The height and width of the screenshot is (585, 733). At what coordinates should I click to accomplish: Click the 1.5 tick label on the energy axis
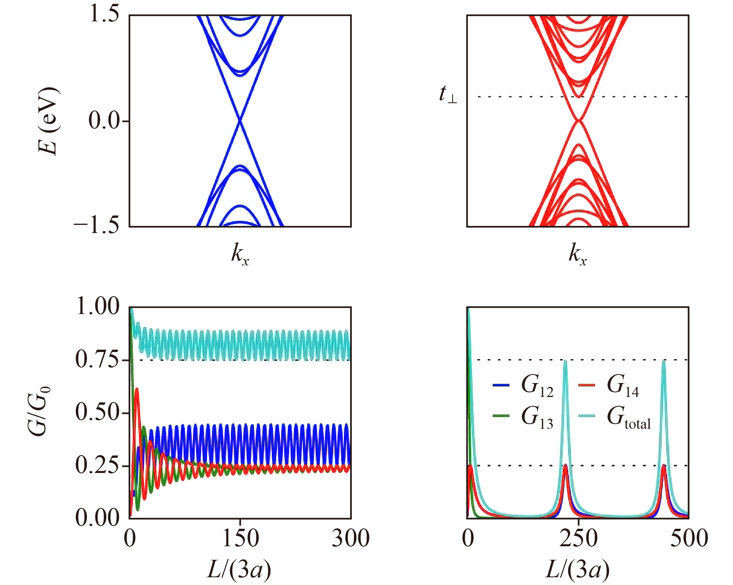click(104, 15)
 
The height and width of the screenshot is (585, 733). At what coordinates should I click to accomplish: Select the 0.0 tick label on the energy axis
click(104, 121)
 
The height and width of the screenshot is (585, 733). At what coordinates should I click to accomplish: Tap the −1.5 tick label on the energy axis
click(97, 225)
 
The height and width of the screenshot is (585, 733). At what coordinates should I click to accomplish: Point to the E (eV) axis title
click(49, 121)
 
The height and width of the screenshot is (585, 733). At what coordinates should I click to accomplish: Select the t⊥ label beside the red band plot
click(448, 95)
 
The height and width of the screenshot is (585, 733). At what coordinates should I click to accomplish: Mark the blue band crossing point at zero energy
click(240, 121)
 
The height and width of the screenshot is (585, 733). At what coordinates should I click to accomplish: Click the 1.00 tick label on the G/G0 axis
click(98, 306)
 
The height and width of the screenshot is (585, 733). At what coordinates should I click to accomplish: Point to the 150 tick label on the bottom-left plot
click(240, 538)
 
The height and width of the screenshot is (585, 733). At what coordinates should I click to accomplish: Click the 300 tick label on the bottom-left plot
click(350, 538)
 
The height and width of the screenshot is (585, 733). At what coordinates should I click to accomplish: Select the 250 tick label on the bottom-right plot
click(578, 538)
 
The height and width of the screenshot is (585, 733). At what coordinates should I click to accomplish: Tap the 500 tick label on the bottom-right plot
click(689, 538)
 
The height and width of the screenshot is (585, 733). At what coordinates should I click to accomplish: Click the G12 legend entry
click(523, 386)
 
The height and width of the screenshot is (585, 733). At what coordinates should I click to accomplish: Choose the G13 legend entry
click(523, 417)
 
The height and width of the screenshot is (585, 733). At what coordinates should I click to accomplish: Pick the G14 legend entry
click(609, 386)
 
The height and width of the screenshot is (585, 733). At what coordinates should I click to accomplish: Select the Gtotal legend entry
click(615, 417)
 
